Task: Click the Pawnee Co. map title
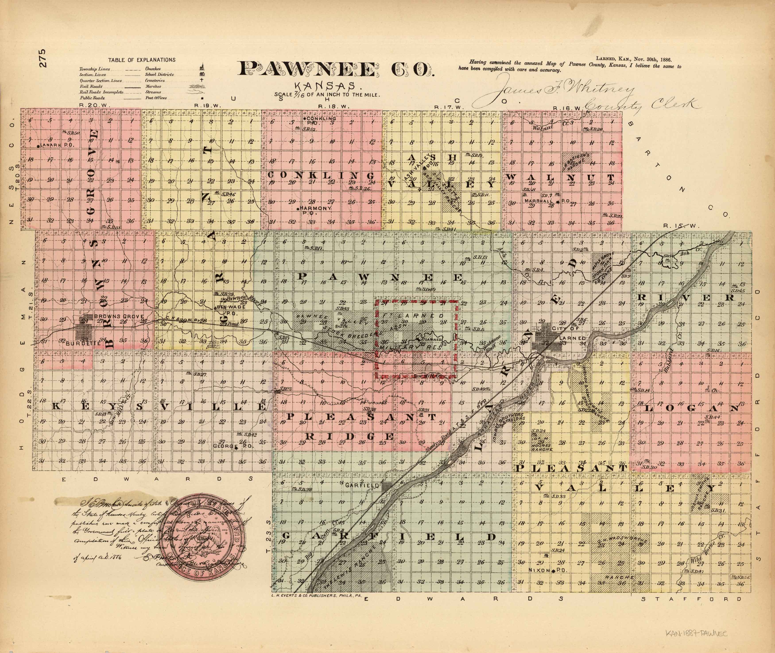click(x=336, y=70)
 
